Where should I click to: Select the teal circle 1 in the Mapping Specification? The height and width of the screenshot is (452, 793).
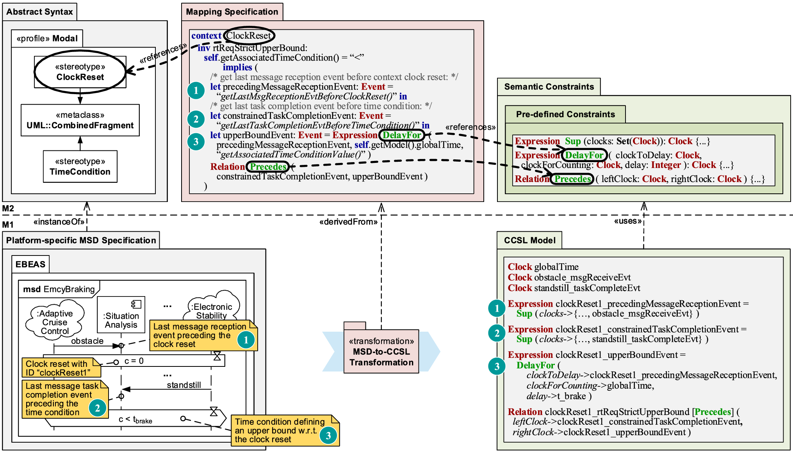tap(196, 91)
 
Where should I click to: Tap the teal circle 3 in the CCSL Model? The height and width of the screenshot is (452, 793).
tap(497, 366)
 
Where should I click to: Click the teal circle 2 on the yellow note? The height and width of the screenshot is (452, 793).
tap(97, 408)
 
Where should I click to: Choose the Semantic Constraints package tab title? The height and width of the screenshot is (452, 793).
tap(549, 87)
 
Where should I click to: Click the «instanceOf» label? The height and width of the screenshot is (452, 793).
tap(59, 222)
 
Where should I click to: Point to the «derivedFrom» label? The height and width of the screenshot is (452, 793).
tap(348, 222)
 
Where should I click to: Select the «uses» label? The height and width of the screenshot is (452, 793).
tap(628, 221)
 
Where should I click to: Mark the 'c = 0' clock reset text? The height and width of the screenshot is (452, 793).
tap(134, 361)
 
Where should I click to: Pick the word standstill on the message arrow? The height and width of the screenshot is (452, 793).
tap(184, 385)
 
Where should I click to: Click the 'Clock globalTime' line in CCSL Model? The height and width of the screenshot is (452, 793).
tap(543, 267)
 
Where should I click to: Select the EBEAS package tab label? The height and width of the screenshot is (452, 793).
tap(30, 264)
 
